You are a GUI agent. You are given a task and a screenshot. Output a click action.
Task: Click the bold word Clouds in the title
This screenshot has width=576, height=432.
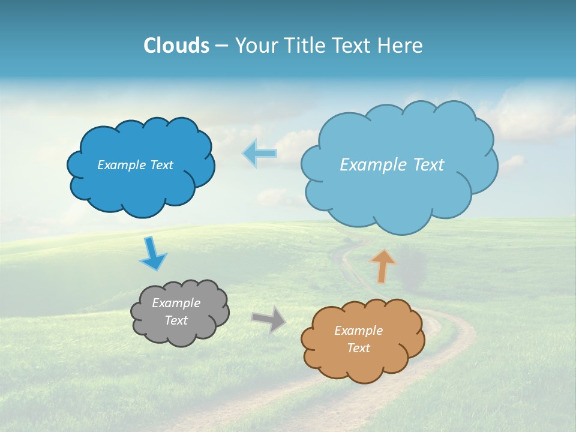pyautogui.click(x=176, y=46)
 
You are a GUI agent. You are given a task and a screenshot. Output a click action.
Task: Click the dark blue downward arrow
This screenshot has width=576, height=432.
pyautogui.click(x=152, y=253)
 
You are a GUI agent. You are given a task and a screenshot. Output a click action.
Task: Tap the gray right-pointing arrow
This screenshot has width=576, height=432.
pyautogui.click(x=269, y=319)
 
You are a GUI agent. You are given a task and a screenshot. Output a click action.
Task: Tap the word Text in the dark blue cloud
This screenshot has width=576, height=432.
pyautogui.click(x=161, y=165)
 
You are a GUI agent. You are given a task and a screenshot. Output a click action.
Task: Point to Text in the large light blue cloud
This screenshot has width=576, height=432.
pyautogui.click(x=428, y=165)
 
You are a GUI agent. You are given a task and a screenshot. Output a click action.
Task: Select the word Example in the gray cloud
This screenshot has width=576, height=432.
pyautogui.click(x=176, y=303)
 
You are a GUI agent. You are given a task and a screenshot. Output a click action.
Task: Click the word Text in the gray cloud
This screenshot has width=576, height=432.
pyautogui.click(x=176, y=320)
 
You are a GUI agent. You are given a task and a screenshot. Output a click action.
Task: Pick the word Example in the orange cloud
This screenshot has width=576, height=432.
pyautogui.click(x=358, y=331)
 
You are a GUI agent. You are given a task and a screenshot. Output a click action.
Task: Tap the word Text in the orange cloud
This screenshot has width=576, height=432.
pyautogui.click(x=358, y=348)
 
